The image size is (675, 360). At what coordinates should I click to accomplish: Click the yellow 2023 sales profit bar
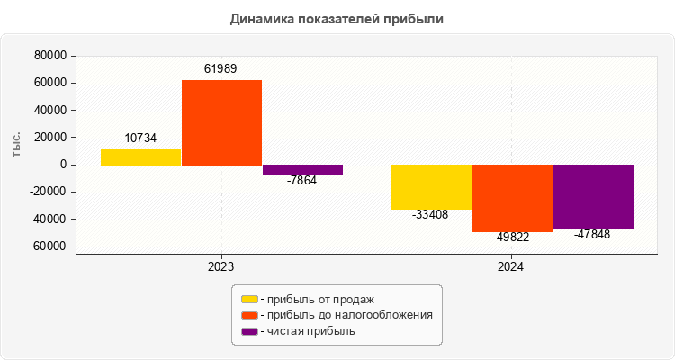coord(140,157)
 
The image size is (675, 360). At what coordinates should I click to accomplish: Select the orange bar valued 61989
coord(221,122)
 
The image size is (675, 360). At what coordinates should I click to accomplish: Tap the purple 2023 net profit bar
coord(302,169)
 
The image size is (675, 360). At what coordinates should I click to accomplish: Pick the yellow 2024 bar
coord(431,187)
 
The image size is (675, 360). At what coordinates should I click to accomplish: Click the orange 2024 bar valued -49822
coord(512,198)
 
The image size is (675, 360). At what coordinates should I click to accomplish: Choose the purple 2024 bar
coord(593,197)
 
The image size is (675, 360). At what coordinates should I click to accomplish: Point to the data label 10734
coord(140,139)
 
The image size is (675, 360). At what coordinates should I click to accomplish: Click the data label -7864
coord(302,180)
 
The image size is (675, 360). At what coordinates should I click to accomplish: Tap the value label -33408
coord(431,215)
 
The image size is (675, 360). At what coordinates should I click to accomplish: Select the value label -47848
coord(593,234)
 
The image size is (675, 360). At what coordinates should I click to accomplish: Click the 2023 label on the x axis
coord(221,267)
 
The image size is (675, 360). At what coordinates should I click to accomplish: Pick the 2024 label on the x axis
coord(512,267)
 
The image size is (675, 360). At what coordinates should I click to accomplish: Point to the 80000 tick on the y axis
coord(50,56)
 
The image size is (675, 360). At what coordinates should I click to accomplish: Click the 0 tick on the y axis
coord(63,165)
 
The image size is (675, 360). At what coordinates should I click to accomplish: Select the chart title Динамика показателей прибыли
coord(337,19)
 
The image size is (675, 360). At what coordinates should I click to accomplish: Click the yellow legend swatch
coord(249,299)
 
